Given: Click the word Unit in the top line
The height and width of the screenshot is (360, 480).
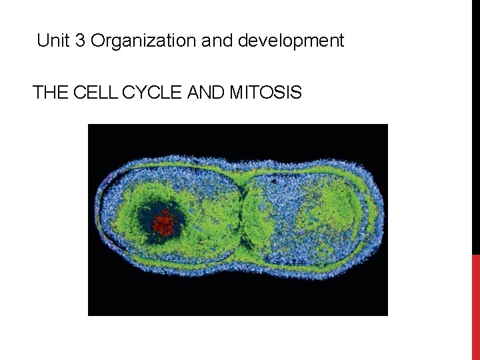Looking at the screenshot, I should (53, 41).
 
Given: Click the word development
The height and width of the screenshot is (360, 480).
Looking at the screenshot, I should (291, 41).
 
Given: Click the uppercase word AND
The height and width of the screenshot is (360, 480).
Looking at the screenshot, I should (207, 93).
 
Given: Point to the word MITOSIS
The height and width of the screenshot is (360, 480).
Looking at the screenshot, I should (265, 93).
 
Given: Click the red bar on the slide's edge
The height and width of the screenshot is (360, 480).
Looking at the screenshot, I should (475, 307).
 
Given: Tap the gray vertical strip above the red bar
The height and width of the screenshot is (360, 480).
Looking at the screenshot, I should (475, 127).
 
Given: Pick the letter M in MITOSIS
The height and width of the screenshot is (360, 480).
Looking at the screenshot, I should (236, 93).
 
